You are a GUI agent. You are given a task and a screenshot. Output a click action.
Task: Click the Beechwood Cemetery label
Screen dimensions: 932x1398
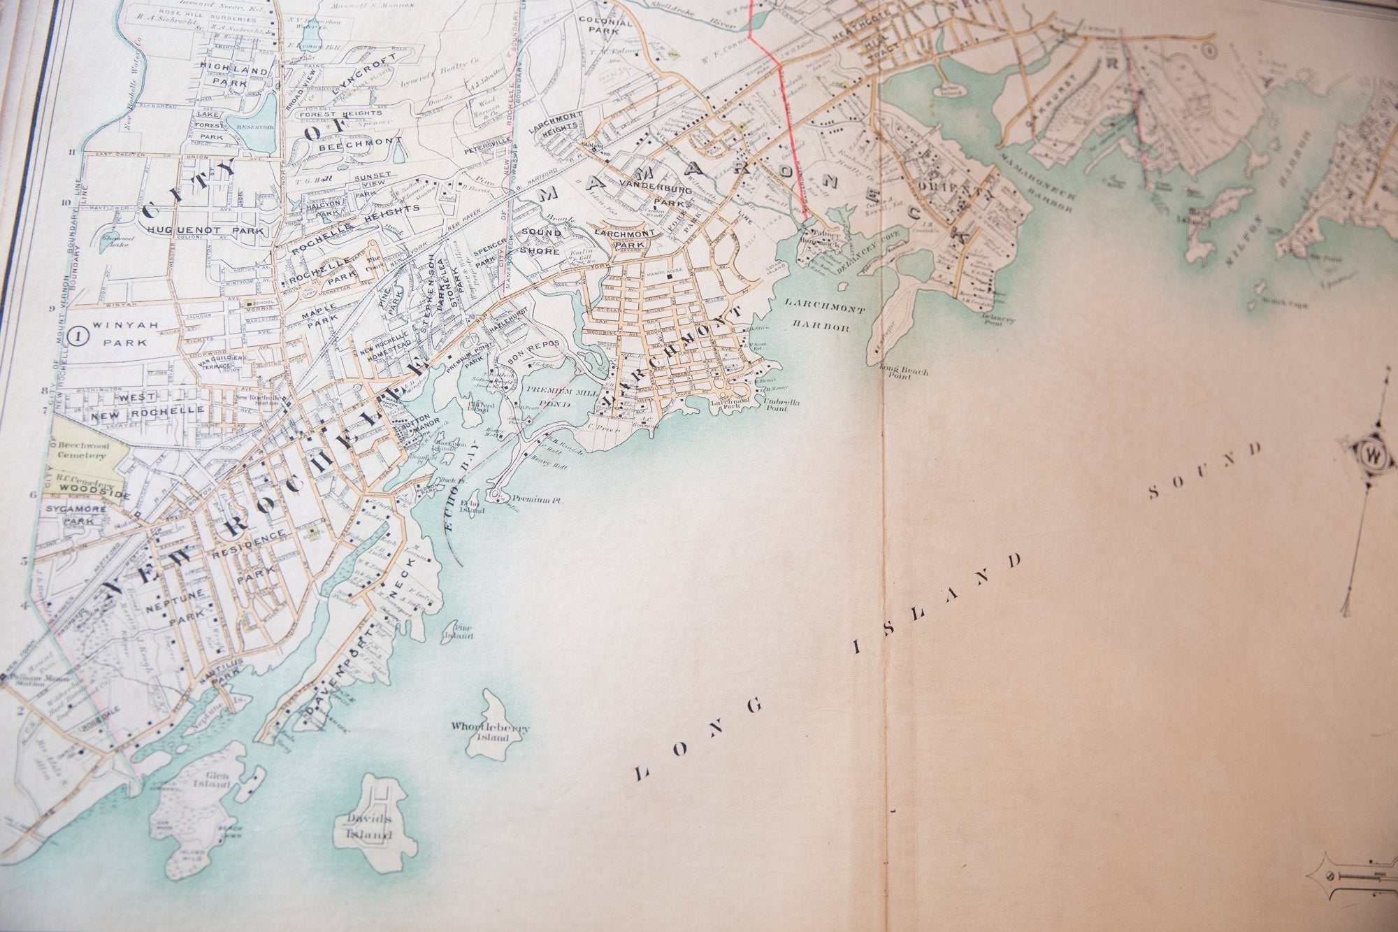point(81,450)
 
